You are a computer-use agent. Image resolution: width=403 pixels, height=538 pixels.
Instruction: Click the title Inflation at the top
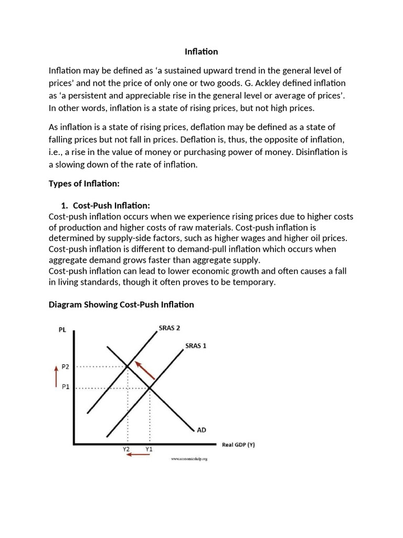(201, 51)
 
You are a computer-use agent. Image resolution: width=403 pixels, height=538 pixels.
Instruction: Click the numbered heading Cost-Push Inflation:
(111, 205)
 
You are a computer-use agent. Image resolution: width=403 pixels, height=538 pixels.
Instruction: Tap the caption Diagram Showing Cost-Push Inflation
(121, 304)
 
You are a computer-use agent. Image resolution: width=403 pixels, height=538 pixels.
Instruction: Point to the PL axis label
(62, 330)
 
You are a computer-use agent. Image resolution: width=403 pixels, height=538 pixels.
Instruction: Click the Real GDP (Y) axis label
(238, 444)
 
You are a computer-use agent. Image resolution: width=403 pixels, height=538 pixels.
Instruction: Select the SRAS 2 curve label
(169, 328)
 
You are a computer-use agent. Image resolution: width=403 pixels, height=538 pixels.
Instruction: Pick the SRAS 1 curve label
(196, 346)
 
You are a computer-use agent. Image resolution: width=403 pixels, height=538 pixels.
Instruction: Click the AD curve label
(201, 430)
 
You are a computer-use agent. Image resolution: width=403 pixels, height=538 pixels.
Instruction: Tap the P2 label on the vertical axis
(65, 367)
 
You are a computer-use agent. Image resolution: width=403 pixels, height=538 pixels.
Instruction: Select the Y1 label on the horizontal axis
(149, 450)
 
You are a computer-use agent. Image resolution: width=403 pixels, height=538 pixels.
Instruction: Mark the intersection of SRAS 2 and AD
(128, 366)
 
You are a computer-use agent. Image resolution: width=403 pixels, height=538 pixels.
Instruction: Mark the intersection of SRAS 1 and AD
(150, 388)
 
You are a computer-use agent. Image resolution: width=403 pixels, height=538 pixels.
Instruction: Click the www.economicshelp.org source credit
(189, 459)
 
